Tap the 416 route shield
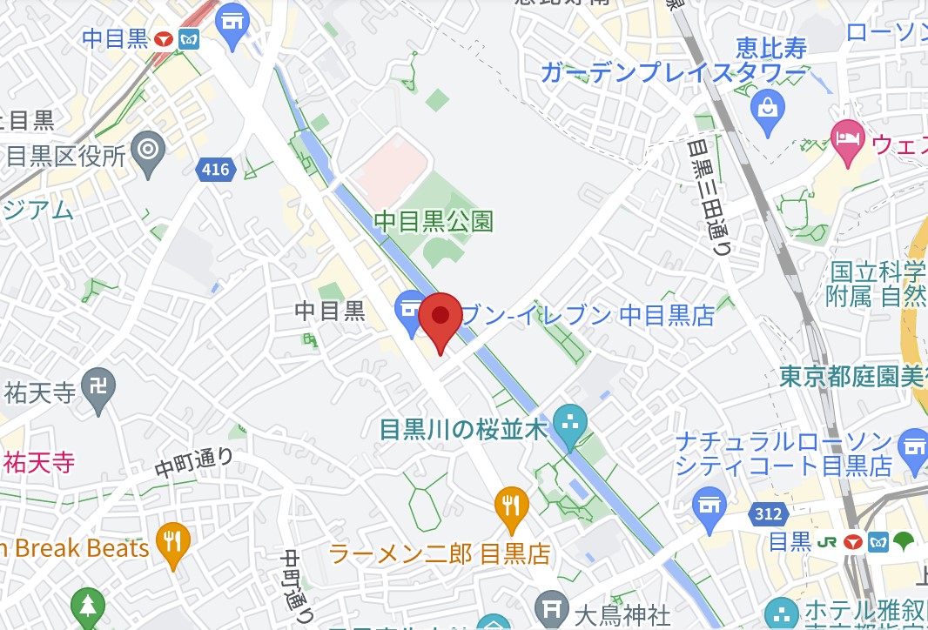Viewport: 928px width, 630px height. [215, 169]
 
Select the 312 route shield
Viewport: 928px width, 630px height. [768, 514]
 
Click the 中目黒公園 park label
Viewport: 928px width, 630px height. [434, 221]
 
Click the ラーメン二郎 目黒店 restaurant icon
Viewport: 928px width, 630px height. [512, 506]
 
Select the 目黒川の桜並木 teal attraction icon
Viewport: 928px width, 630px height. [570, 425]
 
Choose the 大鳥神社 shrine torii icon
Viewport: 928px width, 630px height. [550, 607]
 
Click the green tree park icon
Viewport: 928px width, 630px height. [88, 606]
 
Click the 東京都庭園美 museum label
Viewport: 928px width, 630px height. [852, 377]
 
